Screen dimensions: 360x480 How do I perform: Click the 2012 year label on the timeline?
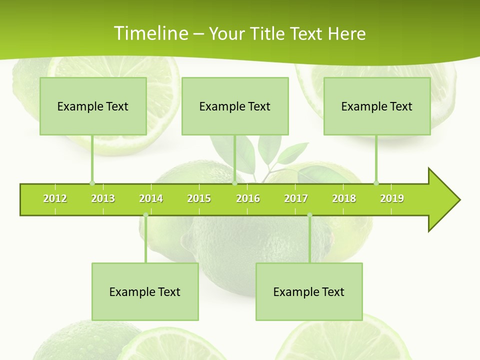pos(55,198)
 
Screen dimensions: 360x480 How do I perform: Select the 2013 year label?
pos(103,198)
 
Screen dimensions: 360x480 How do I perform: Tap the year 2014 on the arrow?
pos(151,198)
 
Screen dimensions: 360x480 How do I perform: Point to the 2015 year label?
pos(199,198)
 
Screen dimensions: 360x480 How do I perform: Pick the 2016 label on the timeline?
pos(248,198)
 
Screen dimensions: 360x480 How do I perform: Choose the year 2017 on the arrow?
pos(296,198)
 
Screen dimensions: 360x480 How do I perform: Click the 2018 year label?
pos(344,198)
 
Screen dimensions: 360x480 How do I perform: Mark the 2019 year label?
pos(392,198)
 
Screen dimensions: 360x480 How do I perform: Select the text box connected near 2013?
pos(93,106)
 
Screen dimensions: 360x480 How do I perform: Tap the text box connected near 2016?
pos(235,106)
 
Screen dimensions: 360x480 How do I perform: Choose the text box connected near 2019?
pos(377,106)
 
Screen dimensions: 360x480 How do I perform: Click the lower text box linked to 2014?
pos(145,291)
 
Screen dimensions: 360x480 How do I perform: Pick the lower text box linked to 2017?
pos(309,291)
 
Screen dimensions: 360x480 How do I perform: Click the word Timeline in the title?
pos(150,33)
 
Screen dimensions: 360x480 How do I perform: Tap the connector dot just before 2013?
pos(92,183)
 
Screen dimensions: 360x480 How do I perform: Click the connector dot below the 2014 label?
pos(145,215)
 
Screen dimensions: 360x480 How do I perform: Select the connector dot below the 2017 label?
pos(309,215)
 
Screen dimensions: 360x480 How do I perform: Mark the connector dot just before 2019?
pos(376,183)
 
